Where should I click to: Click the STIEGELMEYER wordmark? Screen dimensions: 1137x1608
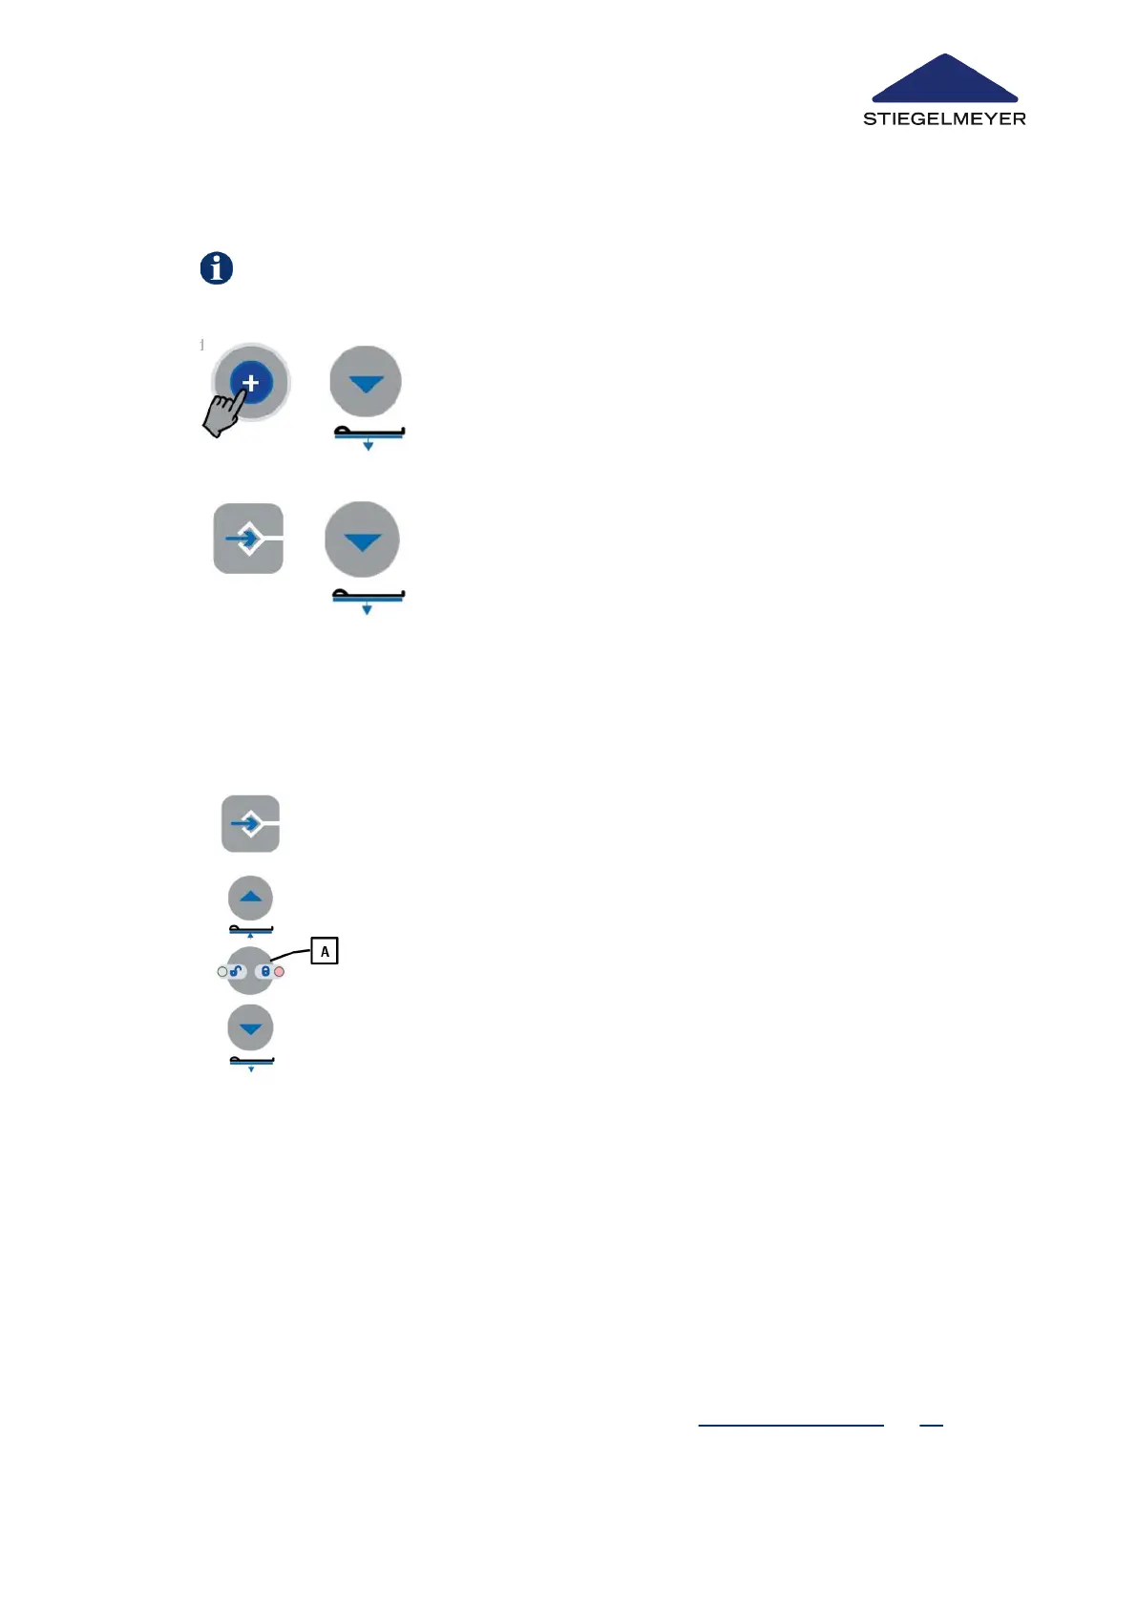pos(944,119)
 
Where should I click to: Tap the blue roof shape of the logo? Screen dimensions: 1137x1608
pos(945,81)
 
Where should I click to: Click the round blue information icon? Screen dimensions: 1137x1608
pos(217,268)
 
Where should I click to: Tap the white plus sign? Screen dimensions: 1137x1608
pos(250,383)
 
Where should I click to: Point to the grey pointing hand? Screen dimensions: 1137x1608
pos(222,415)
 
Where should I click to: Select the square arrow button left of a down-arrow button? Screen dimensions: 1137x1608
pos(248,540)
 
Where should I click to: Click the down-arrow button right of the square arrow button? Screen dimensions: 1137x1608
pos(362,540)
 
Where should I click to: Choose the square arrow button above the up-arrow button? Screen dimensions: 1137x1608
pos(250,823)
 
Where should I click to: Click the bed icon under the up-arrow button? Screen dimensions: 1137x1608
pos(251,929)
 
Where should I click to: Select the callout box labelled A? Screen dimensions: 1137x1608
pos(325,951)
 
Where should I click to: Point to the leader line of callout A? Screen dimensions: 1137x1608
pos(291,954)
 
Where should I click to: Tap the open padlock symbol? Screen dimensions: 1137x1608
pos(236,971)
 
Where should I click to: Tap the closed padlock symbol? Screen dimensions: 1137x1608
pos(265,971)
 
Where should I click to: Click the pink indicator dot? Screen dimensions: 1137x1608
pos(279,972)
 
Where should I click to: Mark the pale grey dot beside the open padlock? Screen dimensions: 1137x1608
pos(222,972)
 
